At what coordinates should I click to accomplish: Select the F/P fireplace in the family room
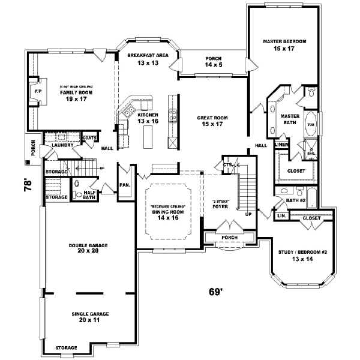pyautogui.click(x=37, y=91)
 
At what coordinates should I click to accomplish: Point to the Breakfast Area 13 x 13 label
pyautogui.click(x=146, y=59)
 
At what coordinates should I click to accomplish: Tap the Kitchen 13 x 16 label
pyautogui.click(x=148, y=118)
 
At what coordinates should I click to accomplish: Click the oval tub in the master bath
pyautogui.click(x=311, y=124)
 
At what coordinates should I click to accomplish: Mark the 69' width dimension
pyautogui.click(x=215, y=292)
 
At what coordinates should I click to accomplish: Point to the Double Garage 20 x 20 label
pyautogui.click(x=87, y=247)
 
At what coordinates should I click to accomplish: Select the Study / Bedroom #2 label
pyautogui.click(x=302, y=256)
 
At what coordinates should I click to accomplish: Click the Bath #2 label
pyautogui.click(x=295, y=200)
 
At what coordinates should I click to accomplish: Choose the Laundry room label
pyautogui.click(x=62, y=145)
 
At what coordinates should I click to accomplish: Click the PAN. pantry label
pyautogui.click(x=125, y=185)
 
